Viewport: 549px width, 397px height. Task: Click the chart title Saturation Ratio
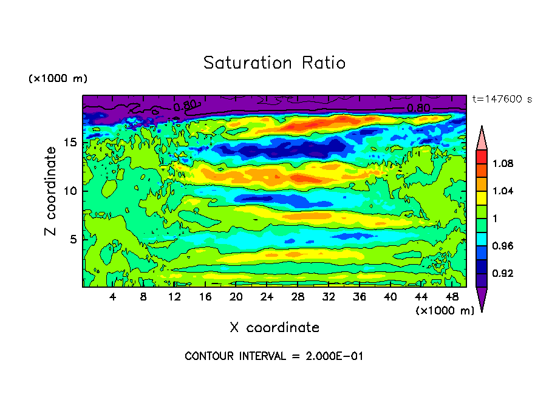click(x=274, y=63)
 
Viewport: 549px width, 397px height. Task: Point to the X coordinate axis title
click(x=274, y=327)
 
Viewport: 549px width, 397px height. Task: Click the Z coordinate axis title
click(x=51, y=191)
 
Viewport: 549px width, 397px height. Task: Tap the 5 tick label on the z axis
click(x=73, y=239)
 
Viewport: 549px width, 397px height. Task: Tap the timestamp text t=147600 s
click(x=502, y=99)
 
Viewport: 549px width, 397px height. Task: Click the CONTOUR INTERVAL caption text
click(x=274, y=356)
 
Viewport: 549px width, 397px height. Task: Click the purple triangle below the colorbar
click(x=482, y=299)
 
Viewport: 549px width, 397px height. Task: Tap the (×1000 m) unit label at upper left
click(x=58, y=79)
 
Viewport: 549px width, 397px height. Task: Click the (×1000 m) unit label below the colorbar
click(x=445, y=311)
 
